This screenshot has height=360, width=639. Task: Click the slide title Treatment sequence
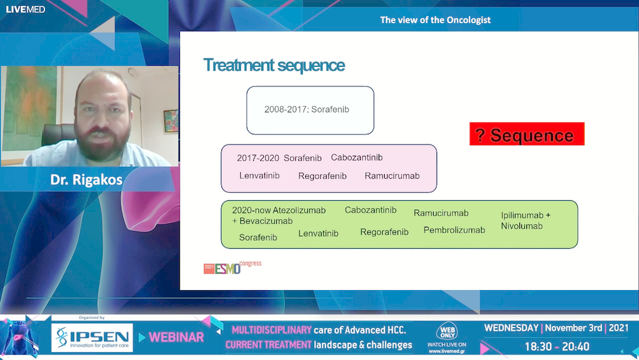click(x=273, y=65)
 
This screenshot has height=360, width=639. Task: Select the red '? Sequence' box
click(x=527, y=134)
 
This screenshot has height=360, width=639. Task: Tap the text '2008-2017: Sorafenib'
click(x=311, y=110)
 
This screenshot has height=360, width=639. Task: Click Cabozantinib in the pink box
click(x=357, y=157)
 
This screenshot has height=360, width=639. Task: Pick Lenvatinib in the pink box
click(x=259, y=176)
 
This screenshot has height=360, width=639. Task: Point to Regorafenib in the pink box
click(x=322, y=176)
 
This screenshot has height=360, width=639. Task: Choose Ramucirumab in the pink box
click(x=392, y=176)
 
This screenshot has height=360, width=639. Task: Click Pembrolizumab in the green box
click(x=454, y=230)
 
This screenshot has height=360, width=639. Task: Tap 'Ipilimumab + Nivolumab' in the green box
click(x=525, y=220)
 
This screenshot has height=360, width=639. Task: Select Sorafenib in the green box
click(x=258, y=237)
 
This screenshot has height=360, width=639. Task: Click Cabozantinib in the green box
click(x=370, y=210)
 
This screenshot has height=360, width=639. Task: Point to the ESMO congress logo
click(x=232, y=268)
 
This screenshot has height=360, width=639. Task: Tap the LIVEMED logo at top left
click(x=25, y=9)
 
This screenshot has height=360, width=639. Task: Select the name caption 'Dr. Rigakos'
click(x=86, y=180)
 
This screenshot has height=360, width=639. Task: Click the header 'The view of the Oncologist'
click(x=435, y=20)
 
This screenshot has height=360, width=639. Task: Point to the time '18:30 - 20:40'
click(x=557, y=346)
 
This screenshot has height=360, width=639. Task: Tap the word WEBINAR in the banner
click(x=176, y=337)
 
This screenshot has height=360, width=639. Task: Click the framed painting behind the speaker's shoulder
click(x=170, y=121)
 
